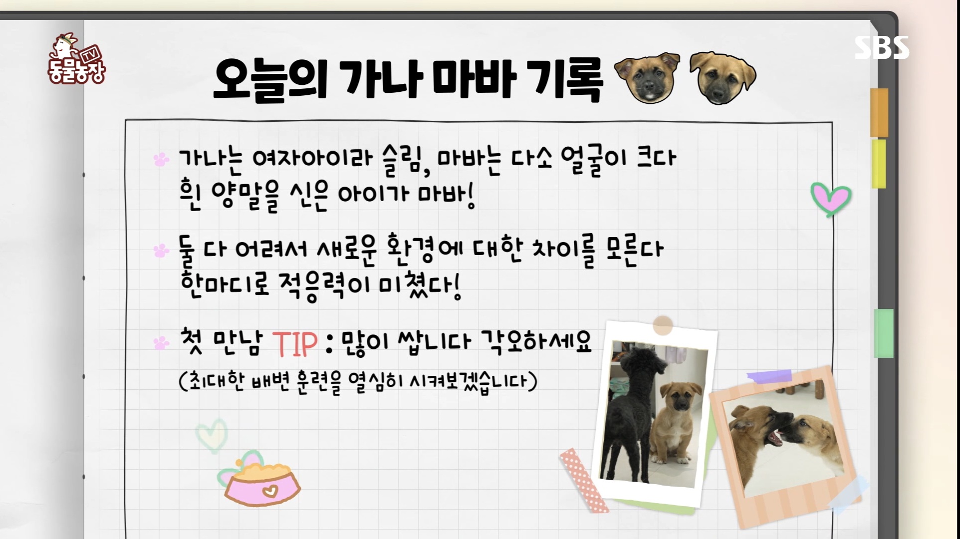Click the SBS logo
click(x=882, y=48)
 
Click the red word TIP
click(x=295, y=343)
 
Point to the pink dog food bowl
click(x=262, y=483)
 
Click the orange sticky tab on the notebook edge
click(x=879, y=112)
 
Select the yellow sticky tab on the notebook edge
click(x=879, y=164)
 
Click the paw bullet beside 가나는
click(x=161, y=159)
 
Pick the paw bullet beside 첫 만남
click(x=161, y=343)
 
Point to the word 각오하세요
click(x=536, y=342)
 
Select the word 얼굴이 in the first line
click(x=594, y=160)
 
